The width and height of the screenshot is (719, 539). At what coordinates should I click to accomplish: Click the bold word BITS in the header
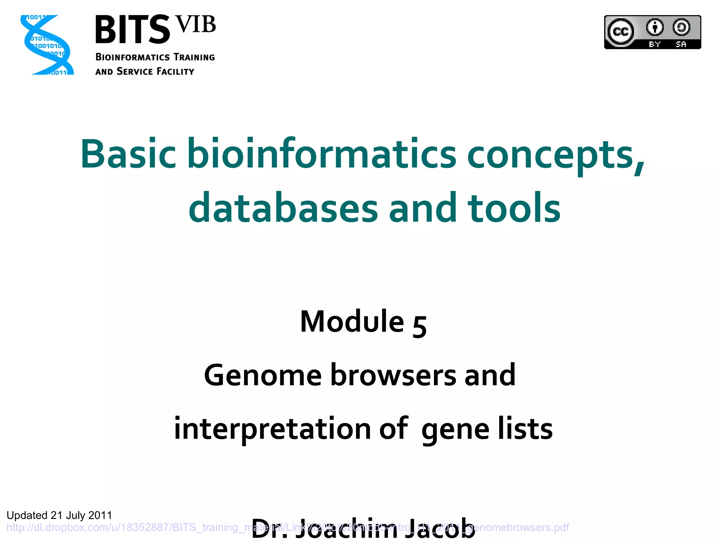coord(132,30)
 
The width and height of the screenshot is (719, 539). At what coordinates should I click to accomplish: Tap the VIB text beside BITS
coord(196,25)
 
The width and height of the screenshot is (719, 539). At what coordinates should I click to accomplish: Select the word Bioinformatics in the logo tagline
coord(132,57)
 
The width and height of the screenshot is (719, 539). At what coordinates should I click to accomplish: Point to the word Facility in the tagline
coord(175,72)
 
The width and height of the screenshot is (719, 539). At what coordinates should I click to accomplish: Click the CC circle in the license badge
coord(621,32)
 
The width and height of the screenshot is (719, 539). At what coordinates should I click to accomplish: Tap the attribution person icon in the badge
coord(655,27)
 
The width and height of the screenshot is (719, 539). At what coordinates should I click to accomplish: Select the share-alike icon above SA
coord(681,27)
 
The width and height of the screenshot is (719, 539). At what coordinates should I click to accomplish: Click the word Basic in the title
coord(128,154)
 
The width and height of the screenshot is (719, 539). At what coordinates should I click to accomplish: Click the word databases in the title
coord(283,208)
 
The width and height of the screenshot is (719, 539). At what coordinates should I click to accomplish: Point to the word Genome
coord(263,375)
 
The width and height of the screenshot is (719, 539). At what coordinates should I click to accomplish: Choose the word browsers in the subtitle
coord(393,375)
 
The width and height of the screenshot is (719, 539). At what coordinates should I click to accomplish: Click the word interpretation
coord(272,429)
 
